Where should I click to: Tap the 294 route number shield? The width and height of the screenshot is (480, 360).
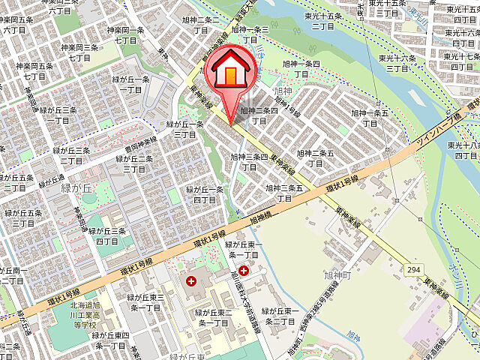tap(415, 268)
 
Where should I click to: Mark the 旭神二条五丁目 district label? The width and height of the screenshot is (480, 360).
tap(314, 158)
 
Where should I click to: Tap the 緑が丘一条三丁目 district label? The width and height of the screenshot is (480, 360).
tap(185, 129)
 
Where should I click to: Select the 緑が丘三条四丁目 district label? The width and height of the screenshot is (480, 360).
tap(107, 235)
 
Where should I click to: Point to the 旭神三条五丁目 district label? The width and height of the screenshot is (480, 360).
tap(284, 193)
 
